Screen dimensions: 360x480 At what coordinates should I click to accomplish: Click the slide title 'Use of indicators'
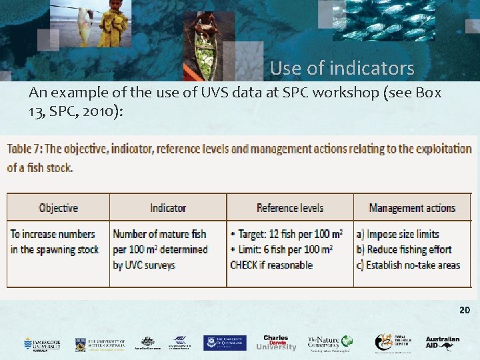(342, 68)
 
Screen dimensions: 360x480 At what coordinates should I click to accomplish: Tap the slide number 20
(464, 311)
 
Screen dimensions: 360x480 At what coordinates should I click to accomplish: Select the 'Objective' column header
(59, 208)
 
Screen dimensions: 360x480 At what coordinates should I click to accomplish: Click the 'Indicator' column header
(168, 208)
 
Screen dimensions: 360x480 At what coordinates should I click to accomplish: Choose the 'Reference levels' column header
(289, 208)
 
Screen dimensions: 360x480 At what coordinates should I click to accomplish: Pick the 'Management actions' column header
(412, 208)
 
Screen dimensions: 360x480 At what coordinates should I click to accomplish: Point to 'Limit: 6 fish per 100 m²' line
(284, 249)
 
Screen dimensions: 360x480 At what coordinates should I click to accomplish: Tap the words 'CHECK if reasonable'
(271, 265)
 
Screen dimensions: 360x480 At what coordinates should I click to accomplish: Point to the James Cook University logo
(41, 343)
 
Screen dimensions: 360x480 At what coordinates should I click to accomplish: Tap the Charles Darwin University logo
(276, 343)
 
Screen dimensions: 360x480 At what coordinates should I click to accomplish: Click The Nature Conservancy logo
(329, 343)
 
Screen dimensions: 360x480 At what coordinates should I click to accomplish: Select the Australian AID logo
(443, 343)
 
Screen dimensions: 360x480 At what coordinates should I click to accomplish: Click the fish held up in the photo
(85, 25)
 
